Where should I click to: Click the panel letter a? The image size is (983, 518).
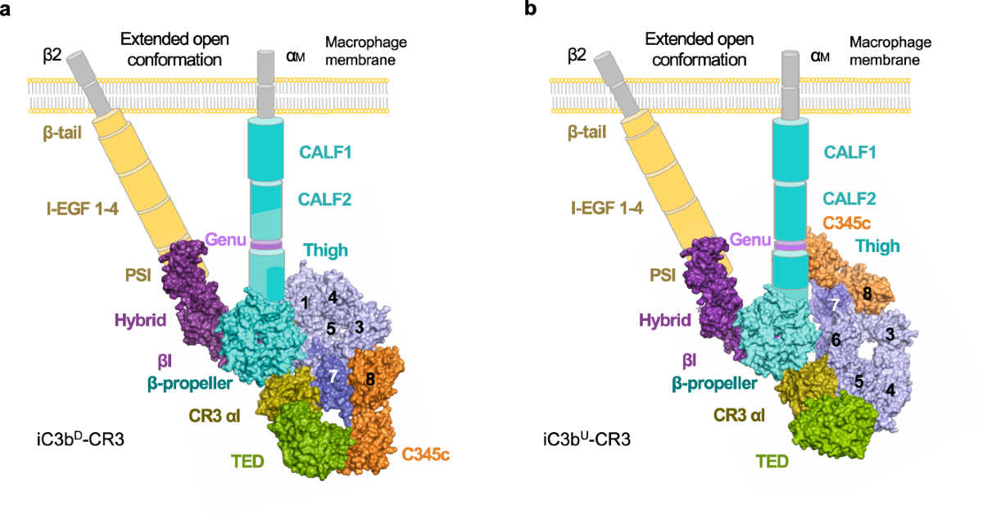(x=7, y=10)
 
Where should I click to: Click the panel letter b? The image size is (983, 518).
(x=531, y=10)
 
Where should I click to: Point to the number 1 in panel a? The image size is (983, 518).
(x=304, y=304)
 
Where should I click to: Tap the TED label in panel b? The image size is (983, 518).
(x=770, y=462)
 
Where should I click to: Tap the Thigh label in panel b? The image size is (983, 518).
(x=877, y=245)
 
